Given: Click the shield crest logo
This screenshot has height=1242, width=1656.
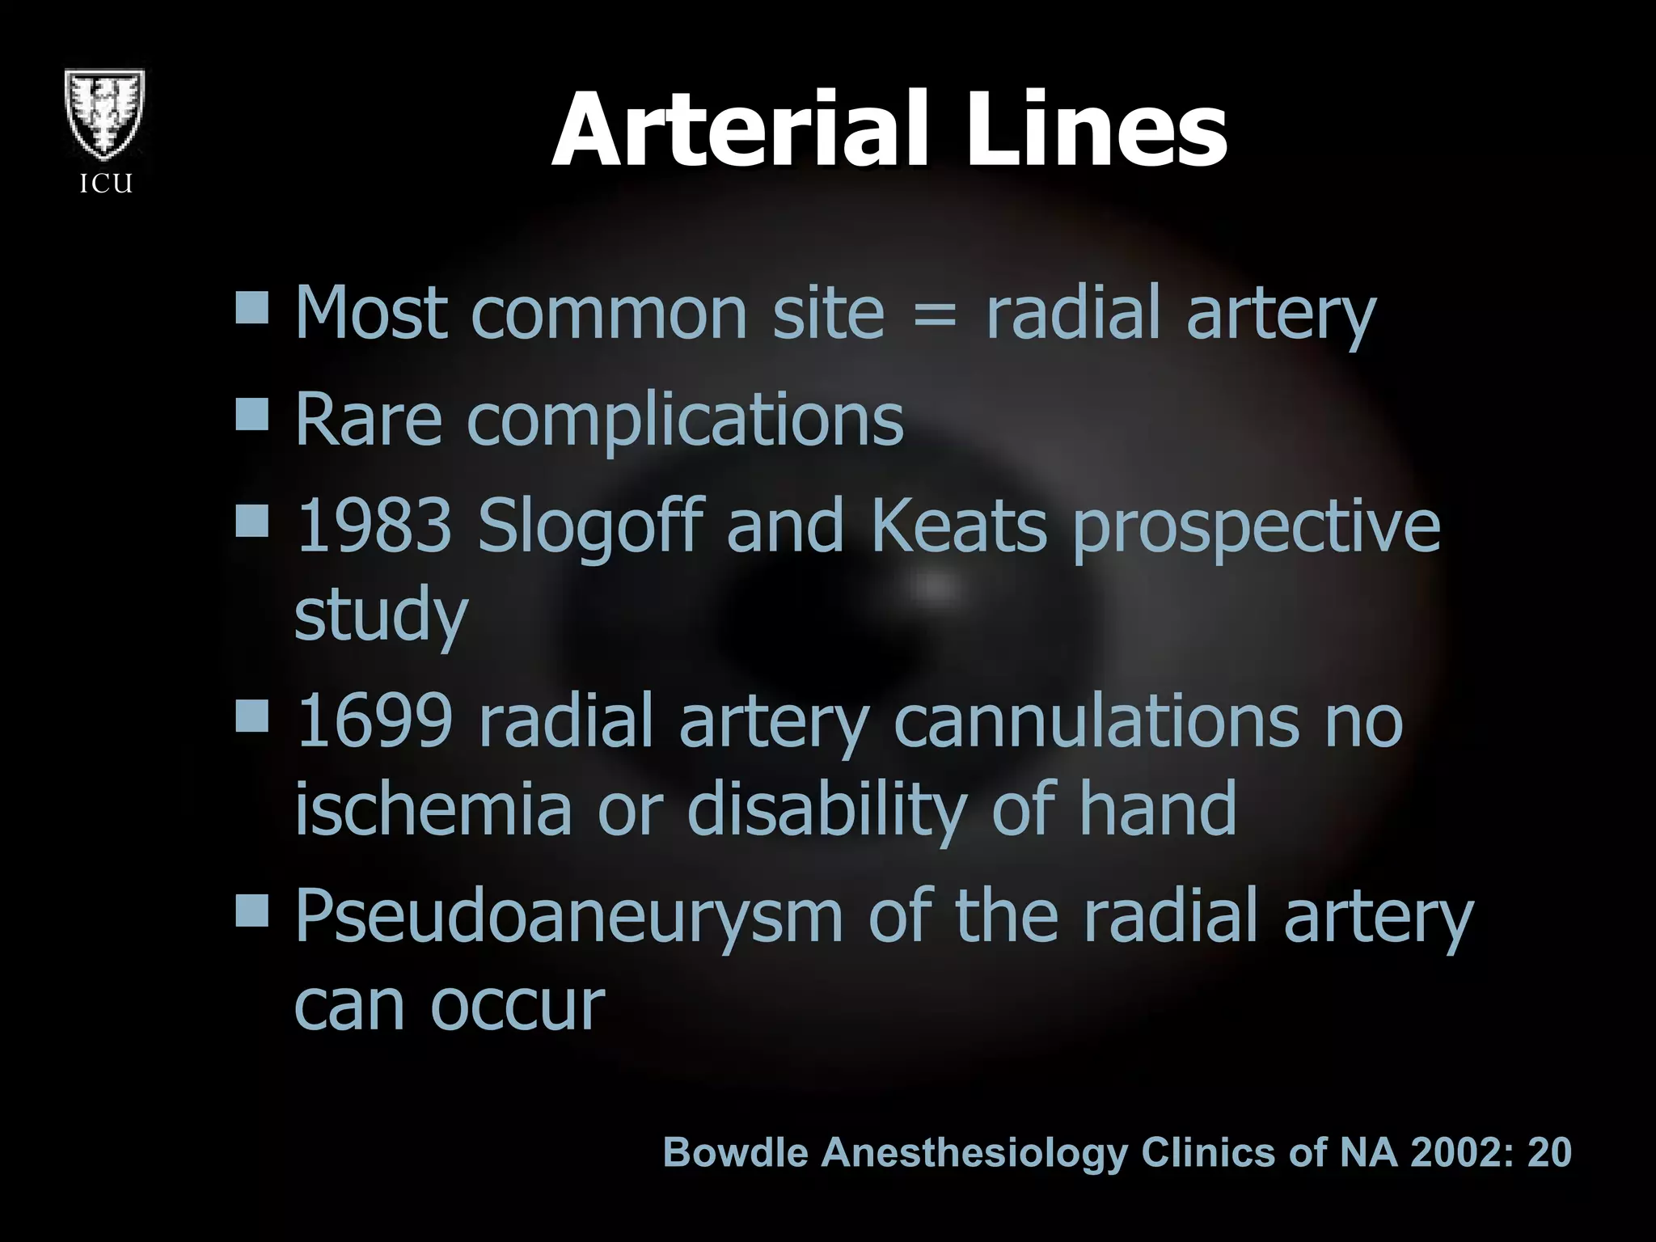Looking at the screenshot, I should (x=106, y=116).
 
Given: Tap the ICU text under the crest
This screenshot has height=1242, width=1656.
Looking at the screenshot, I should (x=106, y=184).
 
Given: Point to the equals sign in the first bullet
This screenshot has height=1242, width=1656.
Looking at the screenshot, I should (x=936, y=315).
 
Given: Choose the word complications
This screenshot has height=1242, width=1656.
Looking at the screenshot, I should (x=685, y=421).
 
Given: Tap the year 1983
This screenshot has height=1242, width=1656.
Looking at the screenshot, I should (x=374, y=526).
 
